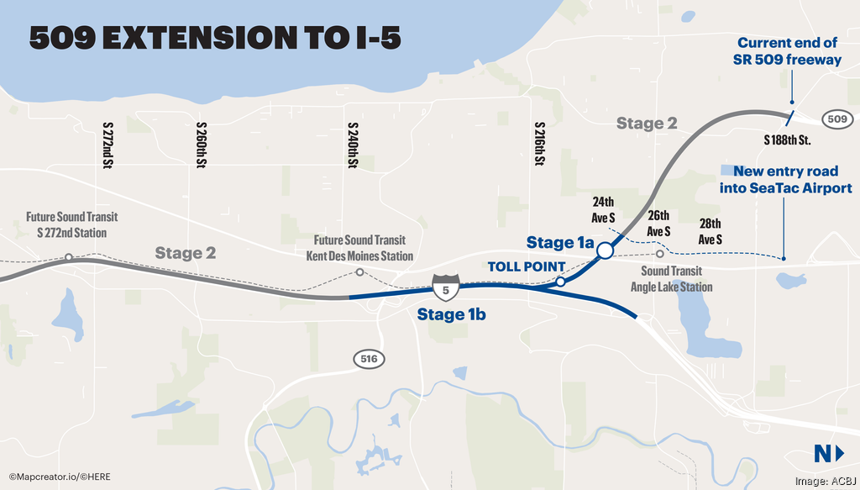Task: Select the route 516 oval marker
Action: click(370, 360)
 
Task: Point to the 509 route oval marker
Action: click(836, 119)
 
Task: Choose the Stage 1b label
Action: click(453, 315)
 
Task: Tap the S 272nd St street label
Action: click(107, 145)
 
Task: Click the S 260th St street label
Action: click(201, 145)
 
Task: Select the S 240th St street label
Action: click(353, 145)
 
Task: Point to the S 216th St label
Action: click(538, 145)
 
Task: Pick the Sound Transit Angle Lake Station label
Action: click(671, 279)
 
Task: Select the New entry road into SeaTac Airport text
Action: click(785, 180)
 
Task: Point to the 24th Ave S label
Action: click(603, 210)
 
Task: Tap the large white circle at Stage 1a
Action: click(604, 250)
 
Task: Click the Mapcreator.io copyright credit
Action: click(60, 477)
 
